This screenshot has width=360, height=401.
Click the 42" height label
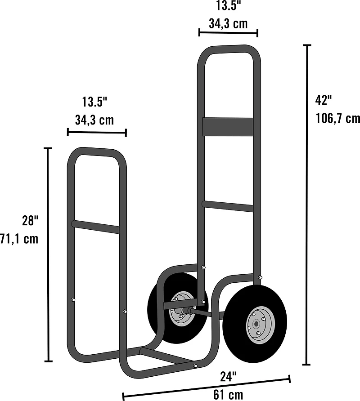pyautogui.click(x=324, y=99)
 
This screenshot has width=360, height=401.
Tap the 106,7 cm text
pyautogui.click(x=338, y=118)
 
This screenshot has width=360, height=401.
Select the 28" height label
pyautogui.click(x=30, y=221)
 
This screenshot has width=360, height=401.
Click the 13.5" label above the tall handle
pyautogui.click(x=228, y=5)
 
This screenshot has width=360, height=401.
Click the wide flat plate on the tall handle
pyautogui.click(x=227, y=127)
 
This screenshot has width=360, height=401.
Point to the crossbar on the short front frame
pyautogui.click(x=96, y=227)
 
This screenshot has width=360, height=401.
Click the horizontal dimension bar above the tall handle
pyautogui.click(x=228, y=32)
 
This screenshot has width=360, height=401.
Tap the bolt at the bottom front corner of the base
pyautogui.click(x=195, y=366)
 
